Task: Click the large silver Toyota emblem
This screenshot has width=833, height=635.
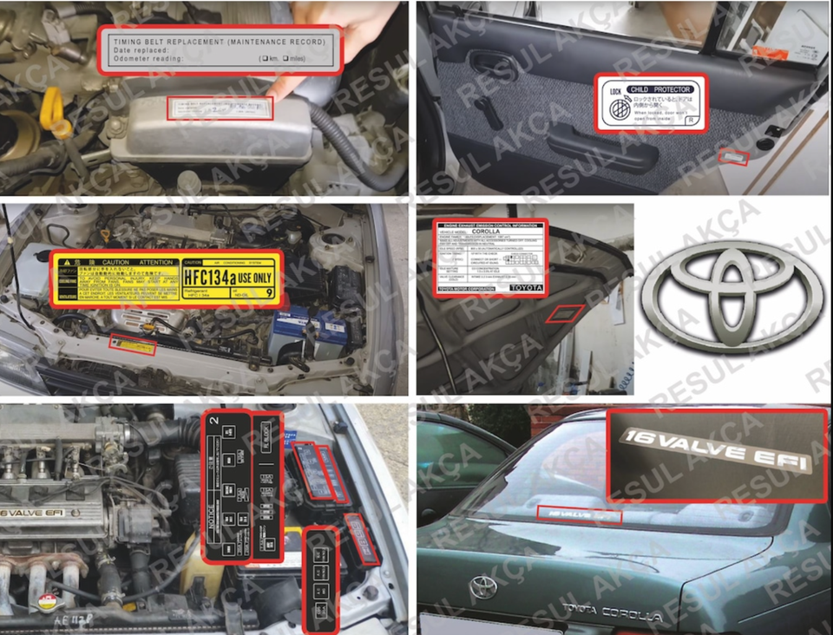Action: pyautogui.click(x=731, y=296)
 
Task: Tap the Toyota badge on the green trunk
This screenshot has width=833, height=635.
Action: pyautogui.click(x=482, y=587)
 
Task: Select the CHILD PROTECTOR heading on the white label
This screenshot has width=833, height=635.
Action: pyautogui.click(x=660, y=89)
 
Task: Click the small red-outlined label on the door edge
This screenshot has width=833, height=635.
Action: pyautogui.click(x=734, y=158)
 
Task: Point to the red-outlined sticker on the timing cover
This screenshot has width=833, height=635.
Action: pyautogui.click(x=220, y=108)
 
